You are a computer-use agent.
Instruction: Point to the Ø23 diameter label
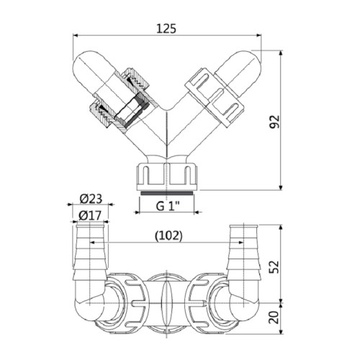pyautogui.click(x=89, y=199)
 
